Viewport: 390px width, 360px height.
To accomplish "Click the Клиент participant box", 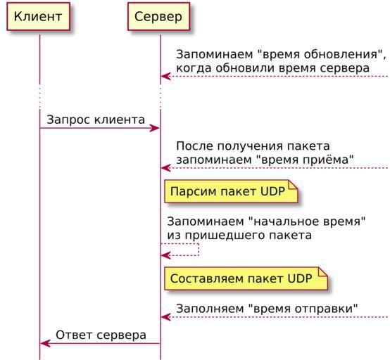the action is (x=38, y=17).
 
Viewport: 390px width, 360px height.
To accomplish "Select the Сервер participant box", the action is (x=158, y=17).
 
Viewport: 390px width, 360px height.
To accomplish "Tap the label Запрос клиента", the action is (x=96, y=120).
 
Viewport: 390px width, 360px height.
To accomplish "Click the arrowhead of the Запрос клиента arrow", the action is (x=154, y=128).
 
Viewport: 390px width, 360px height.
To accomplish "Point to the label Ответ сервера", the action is (x=101, y=335).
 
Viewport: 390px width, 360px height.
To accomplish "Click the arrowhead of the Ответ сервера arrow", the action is (x=45, y=344).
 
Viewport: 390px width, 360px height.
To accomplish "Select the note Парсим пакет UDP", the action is (x=231, y=191).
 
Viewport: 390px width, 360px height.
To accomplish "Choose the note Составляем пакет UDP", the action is (x=246, y=278).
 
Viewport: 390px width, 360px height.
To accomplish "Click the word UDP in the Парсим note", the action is (x=272, y=191).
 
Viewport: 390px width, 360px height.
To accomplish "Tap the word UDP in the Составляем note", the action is (x=300, y=278).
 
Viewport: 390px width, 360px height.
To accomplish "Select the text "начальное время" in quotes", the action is (x=307, y=221).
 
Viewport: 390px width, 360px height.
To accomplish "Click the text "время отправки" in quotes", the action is (x=303, y=309).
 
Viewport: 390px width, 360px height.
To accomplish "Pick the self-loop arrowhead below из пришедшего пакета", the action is (x=166, y=255).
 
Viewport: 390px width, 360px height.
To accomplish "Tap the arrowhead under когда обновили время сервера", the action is (x=166, y=76).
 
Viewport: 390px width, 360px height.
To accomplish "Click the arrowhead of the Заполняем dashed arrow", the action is (x=166, y=317).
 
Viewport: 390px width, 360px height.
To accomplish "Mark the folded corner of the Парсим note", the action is (x=294, y=185).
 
